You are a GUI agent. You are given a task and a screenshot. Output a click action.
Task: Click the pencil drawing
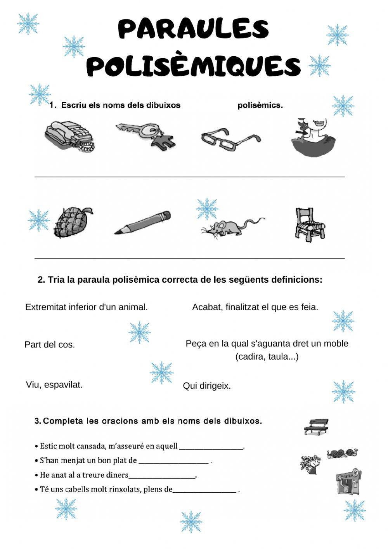(x=143, y=222)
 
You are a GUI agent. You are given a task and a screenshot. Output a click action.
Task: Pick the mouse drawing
(x=230, y=227)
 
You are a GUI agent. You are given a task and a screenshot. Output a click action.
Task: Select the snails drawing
(x=342, y=453)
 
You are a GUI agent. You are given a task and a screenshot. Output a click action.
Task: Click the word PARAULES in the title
(x=193, y=29)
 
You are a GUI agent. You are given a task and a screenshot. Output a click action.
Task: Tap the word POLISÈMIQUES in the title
(x=193, y=66)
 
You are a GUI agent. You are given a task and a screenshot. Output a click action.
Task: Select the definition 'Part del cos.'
(x=50, y=345)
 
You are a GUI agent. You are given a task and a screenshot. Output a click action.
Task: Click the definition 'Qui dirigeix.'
(x=207, y=386)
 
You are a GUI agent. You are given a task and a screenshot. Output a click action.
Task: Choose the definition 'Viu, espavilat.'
(x=54, y=385)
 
